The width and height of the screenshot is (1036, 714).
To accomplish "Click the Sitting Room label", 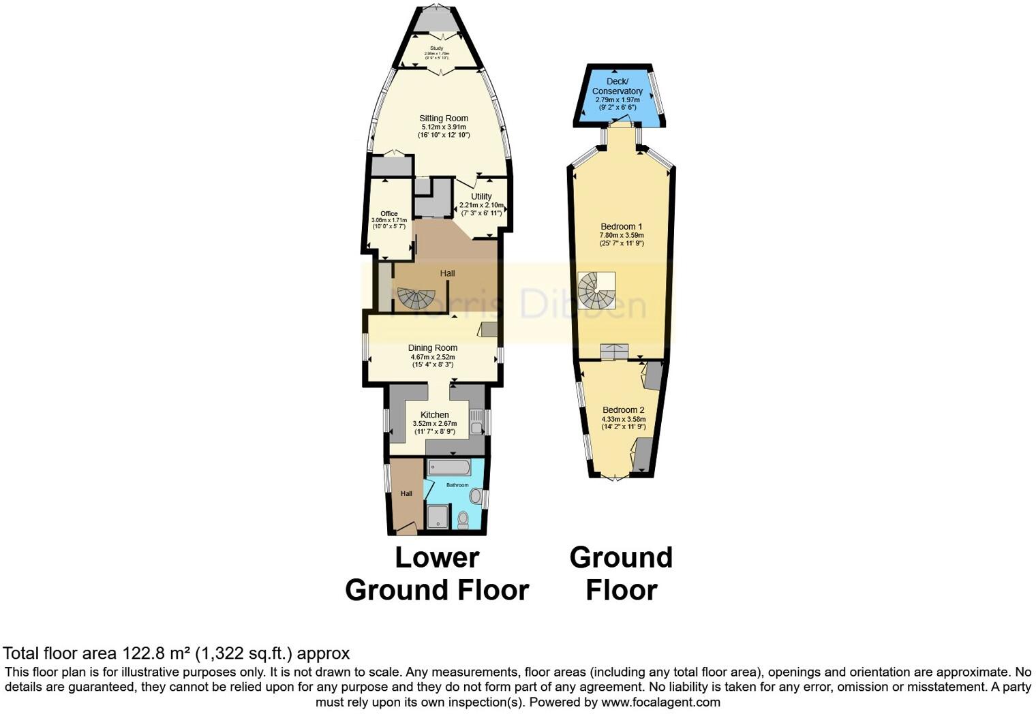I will [x=444, y=118].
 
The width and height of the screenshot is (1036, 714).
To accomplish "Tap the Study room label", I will [x=436, y=48].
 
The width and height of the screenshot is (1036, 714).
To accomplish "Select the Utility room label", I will [x=481, y=196].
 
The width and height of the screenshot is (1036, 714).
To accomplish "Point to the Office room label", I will [x=388, y=214].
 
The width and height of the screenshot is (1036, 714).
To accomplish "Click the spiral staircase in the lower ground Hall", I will [x=416, y=298].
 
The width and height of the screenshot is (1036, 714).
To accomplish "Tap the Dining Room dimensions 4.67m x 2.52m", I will [x=433, y=357].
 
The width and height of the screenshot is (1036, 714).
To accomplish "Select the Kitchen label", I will [x=435, y=415].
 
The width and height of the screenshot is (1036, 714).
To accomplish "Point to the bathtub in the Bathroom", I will [x=448, y=467].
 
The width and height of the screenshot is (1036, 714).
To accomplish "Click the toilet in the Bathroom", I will [x=463, y=520].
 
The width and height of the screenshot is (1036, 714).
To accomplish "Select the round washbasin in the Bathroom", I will [x=475, y=495].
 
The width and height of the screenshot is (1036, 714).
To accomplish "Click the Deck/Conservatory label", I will [x=618, y=87].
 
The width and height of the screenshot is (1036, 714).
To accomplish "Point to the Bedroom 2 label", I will [x=623, y=410].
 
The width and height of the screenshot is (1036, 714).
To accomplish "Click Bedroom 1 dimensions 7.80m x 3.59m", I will [x=622, y=235].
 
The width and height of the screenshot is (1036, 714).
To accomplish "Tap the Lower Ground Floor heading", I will [x=437, y=574].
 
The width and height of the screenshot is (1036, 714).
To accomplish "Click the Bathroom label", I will [x=457, y=485].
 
